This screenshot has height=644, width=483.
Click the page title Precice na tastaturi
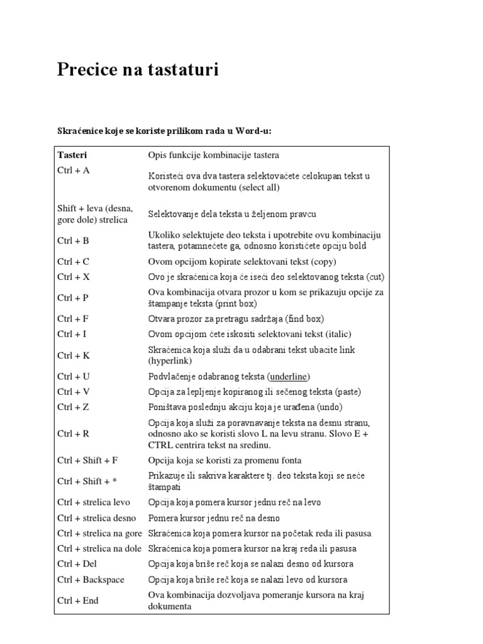pyautogui.click(x=138, y=70)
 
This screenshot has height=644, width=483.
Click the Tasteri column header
pyautogui.click(x=72, y=155)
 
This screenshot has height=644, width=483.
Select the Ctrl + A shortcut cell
pyautogui.click(x=74, y=170)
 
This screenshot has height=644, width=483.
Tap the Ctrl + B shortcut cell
pyautogui.click(x=74, y=240)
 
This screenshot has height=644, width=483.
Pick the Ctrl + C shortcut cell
pyautogui.click(x=74, y=262)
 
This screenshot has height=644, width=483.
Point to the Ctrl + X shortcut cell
pyautogui.click(x=74, y=277)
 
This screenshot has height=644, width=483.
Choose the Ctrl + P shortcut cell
pyautogui.click(x=73, y=298)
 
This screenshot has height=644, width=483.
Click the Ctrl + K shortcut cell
pyautogui.click(x=74, y=355)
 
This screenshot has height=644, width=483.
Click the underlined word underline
pyautogui.click(x=289, y=377)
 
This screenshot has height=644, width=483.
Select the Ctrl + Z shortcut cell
pyautogui.click(x=73, y=407)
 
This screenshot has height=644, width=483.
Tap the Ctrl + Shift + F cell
pyautogui.click(x=87, y=460)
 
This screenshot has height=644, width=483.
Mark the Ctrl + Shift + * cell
pyautogui.click(x=87, y=481)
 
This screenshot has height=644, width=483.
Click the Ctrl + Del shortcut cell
pyautogui.click(x=77, y=563)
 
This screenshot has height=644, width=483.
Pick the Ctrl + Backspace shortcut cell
pyautogui.click(x=91, y=579)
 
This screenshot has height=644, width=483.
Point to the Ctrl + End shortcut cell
pyautogui.click(x=78, y=601)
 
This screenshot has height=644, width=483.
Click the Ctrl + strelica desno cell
pyautogui.click(x=97, y=518)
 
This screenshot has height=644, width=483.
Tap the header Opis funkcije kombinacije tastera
pyautogui.click(x=213, y=155)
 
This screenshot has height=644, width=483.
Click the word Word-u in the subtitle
pyautogui.click(x=253, y=130)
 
